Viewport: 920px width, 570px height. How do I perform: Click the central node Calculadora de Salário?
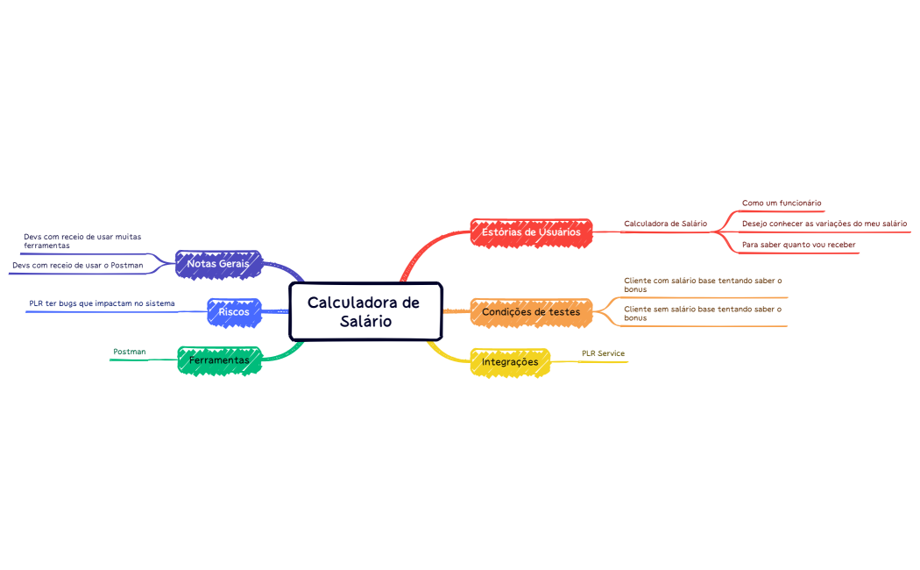tap(364, 311)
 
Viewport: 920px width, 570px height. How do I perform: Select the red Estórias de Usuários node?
tap(531, 232)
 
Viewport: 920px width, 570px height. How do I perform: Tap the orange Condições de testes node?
tap(531, 312)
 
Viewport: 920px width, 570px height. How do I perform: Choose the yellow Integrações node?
tap(510, 361)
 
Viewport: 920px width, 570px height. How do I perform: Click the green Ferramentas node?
tap(219, 360)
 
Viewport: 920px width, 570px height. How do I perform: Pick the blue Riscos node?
tap(234, 311)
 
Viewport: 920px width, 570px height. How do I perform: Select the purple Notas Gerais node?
tap(217, 263)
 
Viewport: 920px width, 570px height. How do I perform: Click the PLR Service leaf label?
tap(603, 353)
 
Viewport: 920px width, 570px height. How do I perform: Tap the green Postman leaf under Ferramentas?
tap(130, 352)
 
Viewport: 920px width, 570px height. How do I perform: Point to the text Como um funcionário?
tap(782, 203)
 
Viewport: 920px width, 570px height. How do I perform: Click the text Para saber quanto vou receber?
tap(798, 245)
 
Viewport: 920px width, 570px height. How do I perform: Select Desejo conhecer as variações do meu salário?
tap(824, 224)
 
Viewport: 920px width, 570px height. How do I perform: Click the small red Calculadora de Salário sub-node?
tap(665, 224)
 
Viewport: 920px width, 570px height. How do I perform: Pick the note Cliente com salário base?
tap(703, 284)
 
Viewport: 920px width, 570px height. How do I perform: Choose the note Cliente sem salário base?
tap(703, 313)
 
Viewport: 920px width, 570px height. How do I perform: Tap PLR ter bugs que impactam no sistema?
tap(102, 303)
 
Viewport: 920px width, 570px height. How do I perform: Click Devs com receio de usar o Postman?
tap(77, 265)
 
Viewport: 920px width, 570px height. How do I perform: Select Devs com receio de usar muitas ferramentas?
tap(82, 241)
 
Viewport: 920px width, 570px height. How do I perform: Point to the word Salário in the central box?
tap(365, 322)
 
